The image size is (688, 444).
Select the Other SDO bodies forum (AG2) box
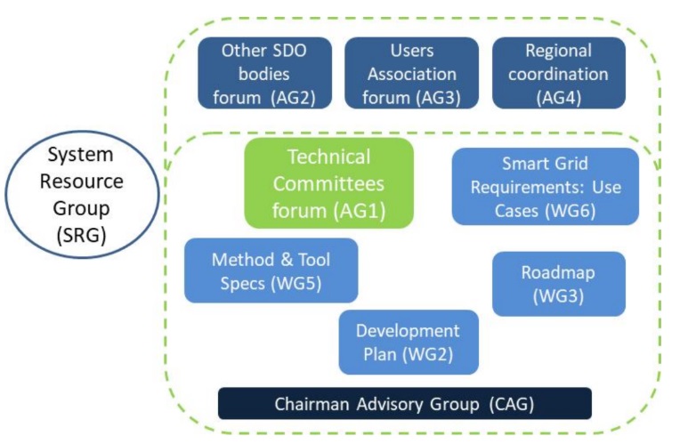[265, 74]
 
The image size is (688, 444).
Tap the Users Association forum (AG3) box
[412, 74]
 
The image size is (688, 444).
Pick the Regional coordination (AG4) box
[559, 74]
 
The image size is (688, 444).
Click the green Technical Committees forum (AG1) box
[328, 184]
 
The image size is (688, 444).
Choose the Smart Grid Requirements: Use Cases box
[545, 186]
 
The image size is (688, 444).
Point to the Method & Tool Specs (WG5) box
[271, 270]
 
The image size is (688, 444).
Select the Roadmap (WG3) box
[559, 284]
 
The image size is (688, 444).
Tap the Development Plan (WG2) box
[409, 343]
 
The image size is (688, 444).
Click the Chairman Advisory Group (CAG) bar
[405, 404]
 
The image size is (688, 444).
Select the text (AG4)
[559, 98]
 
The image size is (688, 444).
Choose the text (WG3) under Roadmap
[559, 296]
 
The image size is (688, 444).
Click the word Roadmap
[559, 272]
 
